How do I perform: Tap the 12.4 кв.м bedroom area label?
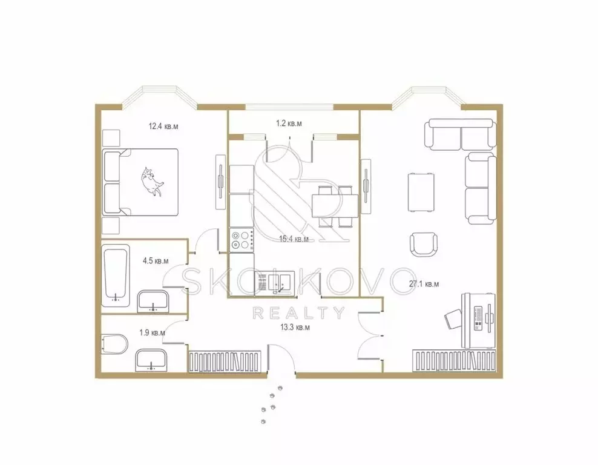pos(163,127)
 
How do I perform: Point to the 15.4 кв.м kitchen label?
pos(295,239)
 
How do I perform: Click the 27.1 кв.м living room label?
pos(424,283)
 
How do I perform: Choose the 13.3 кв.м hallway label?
pos(295,328)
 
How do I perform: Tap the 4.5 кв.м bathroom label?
pos(155,261)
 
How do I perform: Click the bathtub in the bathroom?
pos(116,274)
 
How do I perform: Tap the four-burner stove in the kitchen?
pos(241,240)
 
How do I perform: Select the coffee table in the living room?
pos(422,191)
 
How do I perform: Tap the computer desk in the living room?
pos(478,320)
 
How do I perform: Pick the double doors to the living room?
pos(370,334)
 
